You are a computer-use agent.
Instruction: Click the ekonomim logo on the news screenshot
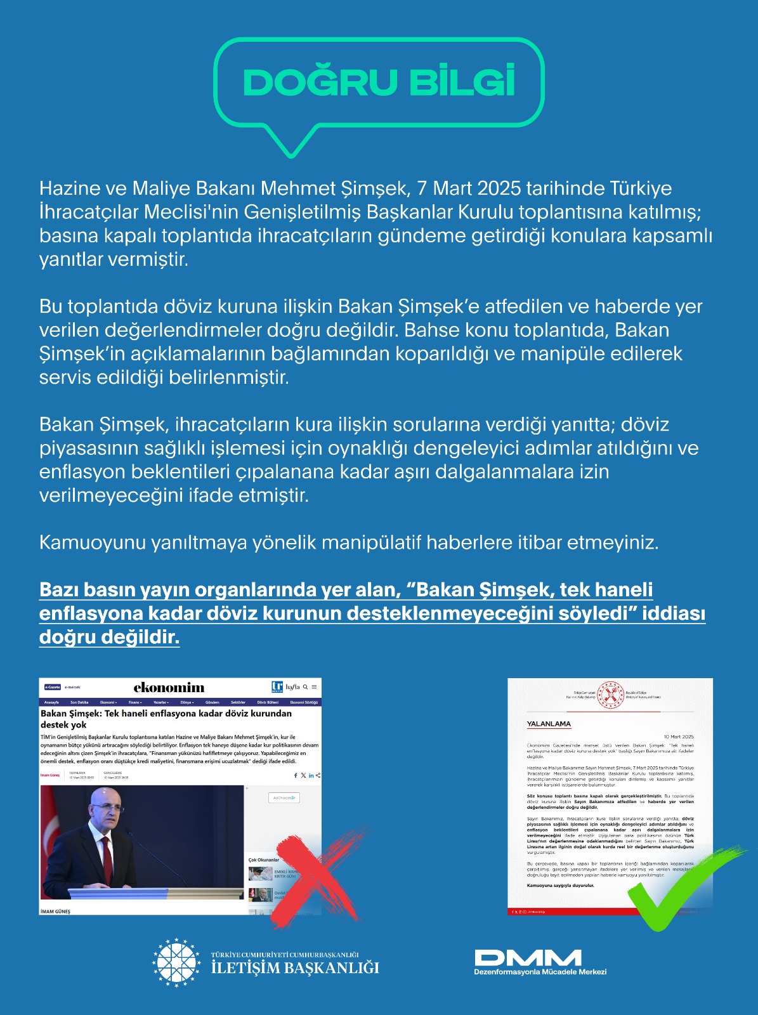pyautogui.click(x=169, y=688)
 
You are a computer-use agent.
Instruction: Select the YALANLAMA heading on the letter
pyautogui.click(x=549, y=724)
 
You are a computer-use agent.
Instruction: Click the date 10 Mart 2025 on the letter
pyautogui.click(x=679, y=737)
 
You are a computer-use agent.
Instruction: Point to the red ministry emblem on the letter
pyautogui.click(x=611, y=694)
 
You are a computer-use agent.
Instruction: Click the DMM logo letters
pyautogui.click(x=528, y=957)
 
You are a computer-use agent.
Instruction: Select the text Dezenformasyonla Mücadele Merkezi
pyautogui.click(x=540, y=972)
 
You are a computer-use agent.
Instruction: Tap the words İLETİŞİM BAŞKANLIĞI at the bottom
pyautogui.click(x=295, y=968)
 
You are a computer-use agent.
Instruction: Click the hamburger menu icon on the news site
pyautogui.click(x=314, y=687)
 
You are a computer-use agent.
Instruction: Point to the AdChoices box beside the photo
pyautogui.click(x=284, y=797)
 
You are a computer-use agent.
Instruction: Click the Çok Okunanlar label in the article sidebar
pyautogui.click(x=264, y=860)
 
